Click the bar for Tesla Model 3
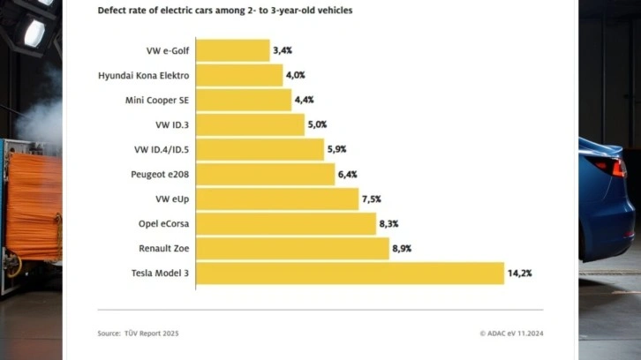(349, 274)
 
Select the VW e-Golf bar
(231, 50)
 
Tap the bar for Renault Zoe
(291, 249)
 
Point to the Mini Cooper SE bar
(243, 100)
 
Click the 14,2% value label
(519, 274)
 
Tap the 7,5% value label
(371, 199)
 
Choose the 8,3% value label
(389, 224)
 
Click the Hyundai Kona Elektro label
(144, 75)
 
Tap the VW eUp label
(171, 199)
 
